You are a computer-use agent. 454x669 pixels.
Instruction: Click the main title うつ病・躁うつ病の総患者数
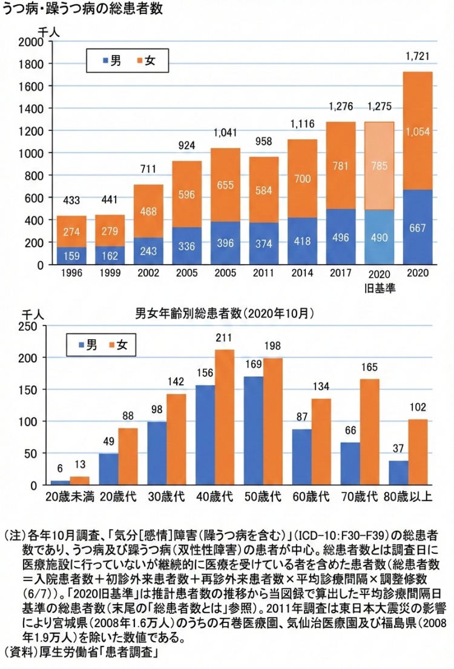[82, 10]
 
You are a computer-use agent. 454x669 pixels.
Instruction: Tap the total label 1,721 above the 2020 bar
[417, 58]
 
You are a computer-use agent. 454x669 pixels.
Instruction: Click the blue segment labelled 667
[417, 227]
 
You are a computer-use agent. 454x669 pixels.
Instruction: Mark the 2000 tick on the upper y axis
[31, 42]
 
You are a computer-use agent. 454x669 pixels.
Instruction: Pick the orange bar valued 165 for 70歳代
[370, 431]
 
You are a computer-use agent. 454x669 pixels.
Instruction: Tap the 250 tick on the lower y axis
[29, 326]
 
